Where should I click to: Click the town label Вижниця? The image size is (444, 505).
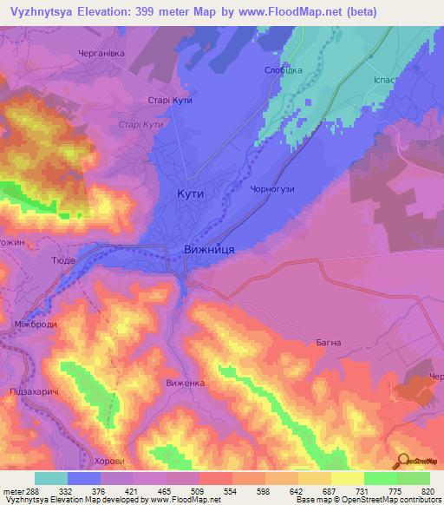click(x=209, y=248)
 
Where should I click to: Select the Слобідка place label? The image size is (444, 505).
click(x=283, y=70)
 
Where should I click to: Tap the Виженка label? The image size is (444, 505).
click(x=184, y=382)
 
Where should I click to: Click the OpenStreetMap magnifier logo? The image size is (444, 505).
click(x=402, y=462)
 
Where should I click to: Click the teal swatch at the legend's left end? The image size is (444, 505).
click(x=51, y=478)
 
